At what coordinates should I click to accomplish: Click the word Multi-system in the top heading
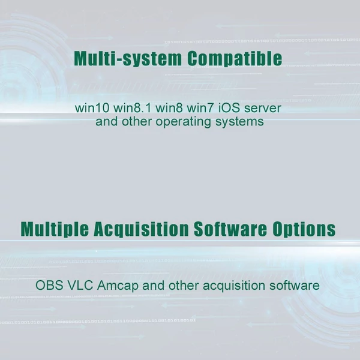128,59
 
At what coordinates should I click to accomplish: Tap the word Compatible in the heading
235,59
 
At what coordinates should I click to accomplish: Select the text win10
92,108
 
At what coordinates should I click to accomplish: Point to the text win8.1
132,108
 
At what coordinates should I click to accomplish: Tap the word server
263,109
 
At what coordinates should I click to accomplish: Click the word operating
183,122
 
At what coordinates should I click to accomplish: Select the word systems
239,122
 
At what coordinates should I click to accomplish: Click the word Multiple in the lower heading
55,229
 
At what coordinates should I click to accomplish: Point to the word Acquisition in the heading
141,229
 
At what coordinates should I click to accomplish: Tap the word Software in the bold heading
230,229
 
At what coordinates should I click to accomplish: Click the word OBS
49,286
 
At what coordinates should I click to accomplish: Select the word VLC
80,286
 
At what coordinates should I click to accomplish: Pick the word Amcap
118,286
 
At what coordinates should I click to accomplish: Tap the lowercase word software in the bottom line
295,286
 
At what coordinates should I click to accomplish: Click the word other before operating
137,121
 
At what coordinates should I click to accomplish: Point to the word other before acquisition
184,286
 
